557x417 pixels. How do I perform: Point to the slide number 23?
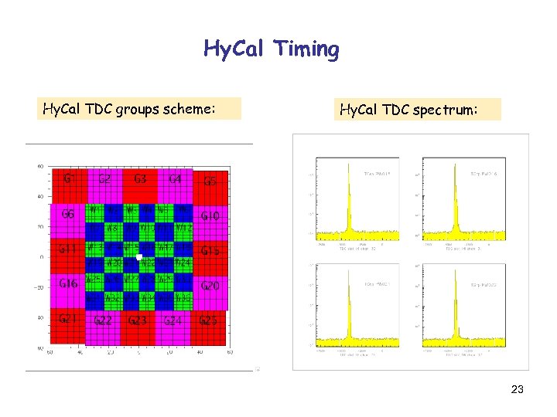point(517,391)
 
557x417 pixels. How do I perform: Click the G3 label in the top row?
point(140,179)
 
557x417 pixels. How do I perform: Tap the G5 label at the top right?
point(210,181)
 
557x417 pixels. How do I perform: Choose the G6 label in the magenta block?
point(68,214)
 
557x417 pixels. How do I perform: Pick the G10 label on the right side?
point(210,216)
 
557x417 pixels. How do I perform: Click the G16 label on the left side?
point(69,283)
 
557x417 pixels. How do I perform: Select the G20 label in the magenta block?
point(210,286)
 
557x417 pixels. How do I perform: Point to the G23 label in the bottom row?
point(138,320)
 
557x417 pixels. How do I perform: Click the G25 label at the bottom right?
point(208,320)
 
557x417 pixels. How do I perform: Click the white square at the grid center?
point(138,256)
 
